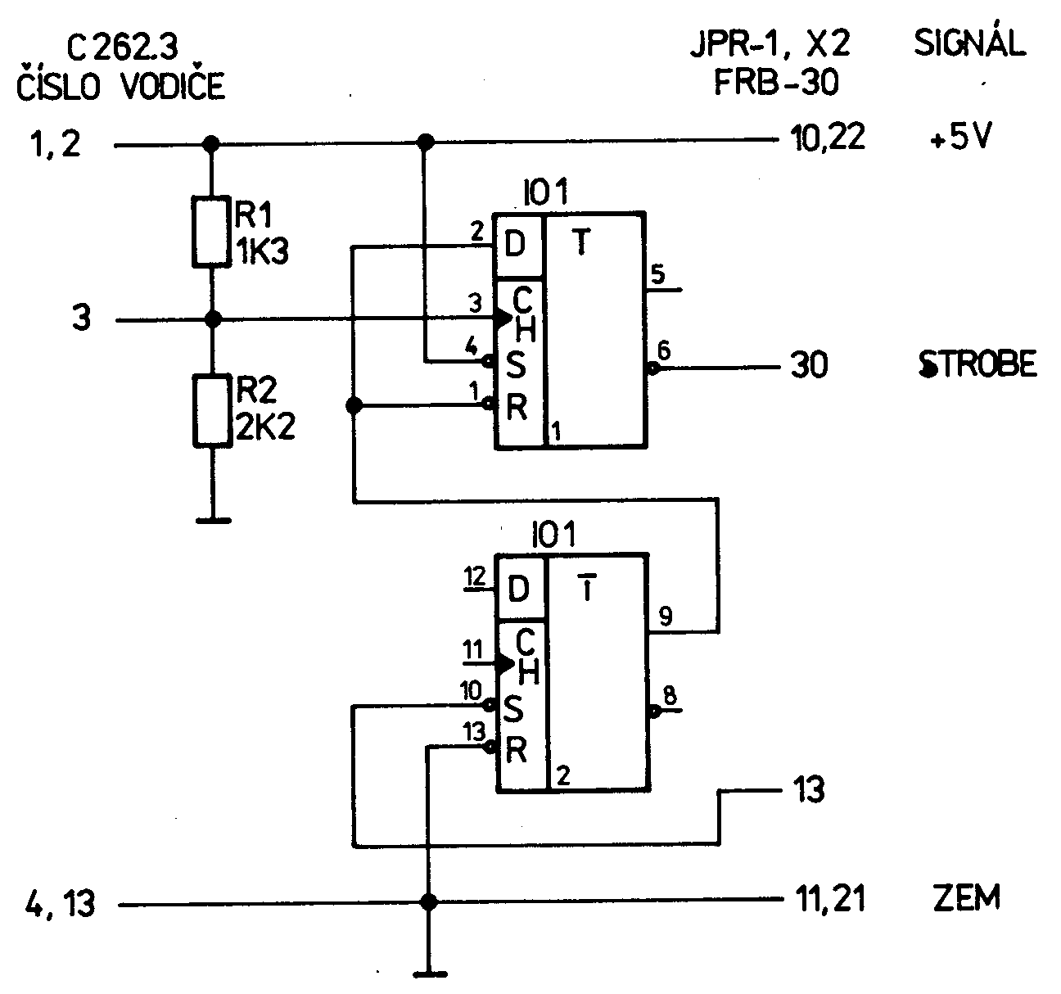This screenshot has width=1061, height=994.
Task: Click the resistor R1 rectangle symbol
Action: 212,232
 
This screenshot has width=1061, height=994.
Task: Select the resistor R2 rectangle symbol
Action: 212,410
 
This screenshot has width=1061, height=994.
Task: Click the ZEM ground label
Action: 966,899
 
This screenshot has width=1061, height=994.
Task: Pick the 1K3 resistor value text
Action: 262,251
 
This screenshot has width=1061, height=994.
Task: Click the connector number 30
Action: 809,366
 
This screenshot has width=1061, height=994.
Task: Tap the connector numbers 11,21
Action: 829,900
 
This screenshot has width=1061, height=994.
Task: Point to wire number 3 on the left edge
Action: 81,319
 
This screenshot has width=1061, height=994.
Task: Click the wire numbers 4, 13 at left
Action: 56,905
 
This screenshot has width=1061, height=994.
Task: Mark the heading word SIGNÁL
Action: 969,43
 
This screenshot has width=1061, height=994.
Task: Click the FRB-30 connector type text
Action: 778,83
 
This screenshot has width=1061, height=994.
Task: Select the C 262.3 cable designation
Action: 122,49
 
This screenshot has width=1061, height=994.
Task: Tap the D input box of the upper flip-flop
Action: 517,245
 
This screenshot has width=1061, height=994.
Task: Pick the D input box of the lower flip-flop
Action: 519,589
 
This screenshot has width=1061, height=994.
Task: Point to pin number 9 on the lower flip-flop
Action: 665,616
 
